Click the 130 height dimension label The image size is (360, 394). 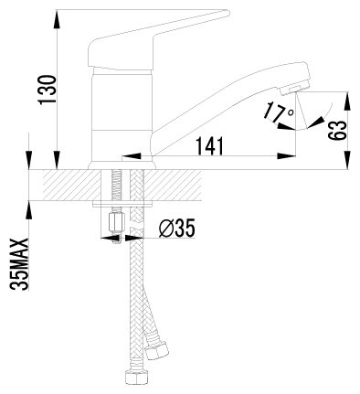coord(47,90)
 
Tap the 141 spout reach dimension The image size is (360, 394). coord(209,145)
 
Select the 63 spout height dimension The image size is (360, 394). coord(337,131)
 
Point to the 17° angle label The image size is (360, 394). coord(279,112)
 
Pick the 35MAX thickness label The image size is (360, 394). coord(19,264)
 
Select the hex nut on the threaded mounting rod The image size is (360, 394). coord(116,222)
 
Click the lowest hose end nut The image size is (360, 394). coord(135,378)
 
